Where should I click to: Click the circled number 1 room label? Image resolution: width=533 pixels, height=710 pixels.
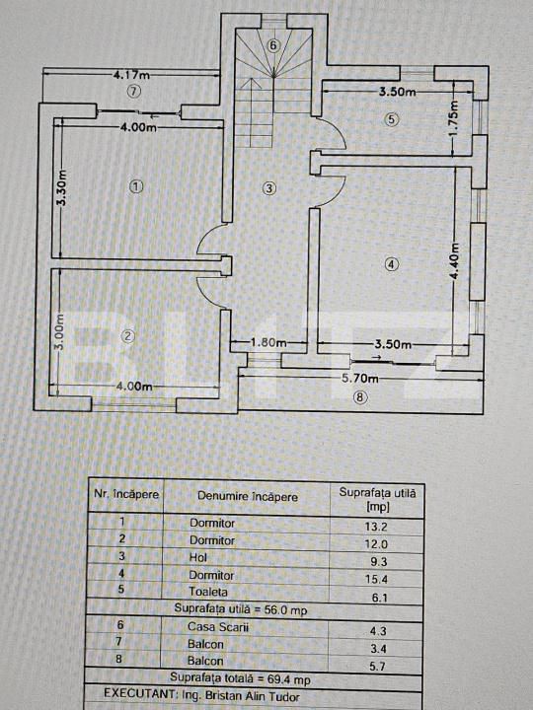[136, 185]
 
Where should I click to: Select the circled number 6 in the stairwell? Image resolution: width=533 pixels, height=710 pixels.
[272, 45]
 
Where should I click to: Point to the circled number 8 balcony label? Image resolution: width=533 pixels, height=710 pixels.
[360, 398]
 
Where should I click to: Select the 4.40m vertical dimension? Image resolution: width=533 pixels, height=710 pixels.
[455, 263]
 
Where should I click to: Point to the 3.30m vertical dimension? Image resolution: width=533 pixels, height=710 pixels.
[61, 187]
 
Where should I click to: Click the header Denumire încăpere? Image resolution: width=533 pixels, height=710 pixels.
[248, 497]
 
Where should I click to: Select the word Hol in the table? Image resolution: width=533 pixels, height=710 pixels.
[198, 557]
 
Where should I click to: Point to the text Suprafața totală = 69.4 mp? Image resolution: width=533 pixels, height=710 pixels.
[240, 678]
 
